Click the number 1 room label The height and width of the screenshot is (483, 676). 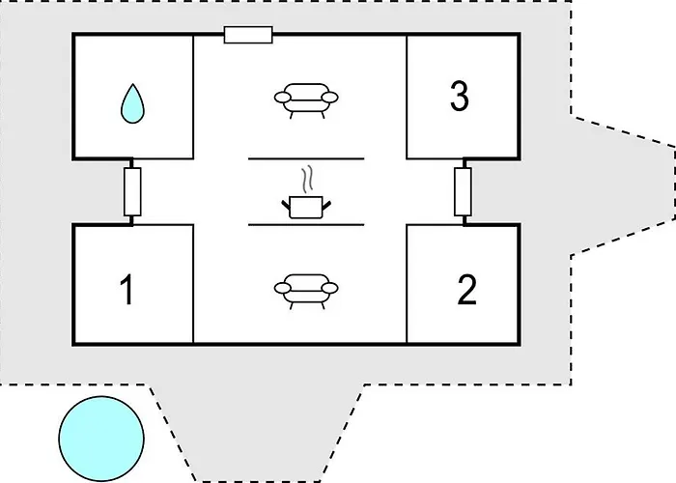127,290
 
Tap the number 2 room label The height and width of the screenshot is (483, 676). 466,290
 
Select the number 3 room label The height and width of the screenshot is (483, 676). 459,96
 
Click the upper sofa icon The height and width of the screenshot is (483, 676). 307,98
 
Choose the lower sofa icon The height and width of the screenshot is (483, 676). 307,287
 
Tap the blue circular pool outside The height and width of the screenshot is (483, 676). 101,438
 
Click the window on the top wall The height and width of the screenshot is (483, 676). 248,36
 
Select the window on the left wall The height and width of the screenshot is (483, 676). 133,191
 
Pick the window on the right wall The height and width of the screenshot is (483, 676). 464,191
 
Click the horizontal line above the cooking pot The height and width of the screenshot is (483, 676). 306,157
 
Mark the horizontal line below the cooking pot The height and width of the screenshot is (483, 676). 306,224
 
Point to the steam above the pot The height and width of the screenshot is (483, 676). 307,180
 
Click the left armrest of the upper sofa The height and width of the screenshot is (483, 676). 282,98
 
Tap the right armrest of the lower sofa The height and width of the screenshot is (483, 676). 331,288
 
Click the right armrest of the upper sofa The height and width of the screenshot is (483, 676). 332,98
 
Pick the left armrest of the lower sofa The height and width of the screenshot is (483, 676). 282,288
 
